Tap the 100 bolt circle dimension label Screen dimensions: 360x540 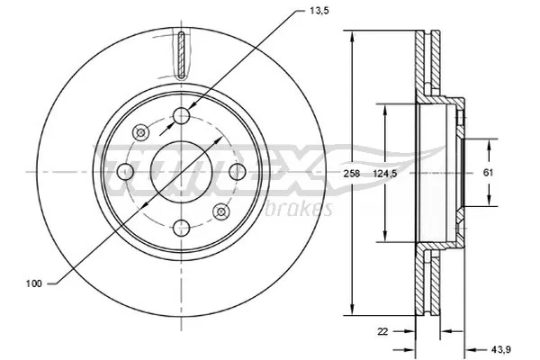point(32,283)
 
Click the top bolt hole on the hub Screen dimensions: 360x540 point(183,115)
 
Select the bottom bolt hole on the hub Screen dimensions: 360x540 point(183,226)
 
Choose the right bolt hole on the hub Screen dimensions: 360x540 point(238,171)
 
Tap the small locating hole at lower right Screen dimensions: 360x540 point(222,211)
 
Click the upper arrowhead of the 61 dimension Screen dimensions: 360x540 point(490,144)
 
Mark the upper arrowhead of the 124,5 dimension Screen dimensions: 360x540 point(386,106)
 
